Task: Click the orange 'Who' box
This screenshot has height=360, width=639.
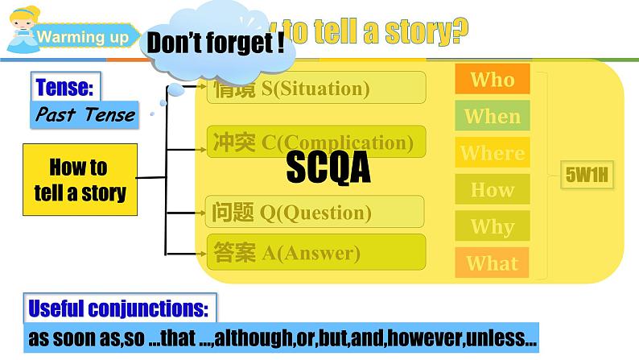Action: point(492,79)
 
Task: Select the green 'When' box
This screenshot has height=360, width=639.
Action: point(492,116)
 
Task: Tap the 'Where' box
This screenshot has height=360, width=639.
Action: point(492,153)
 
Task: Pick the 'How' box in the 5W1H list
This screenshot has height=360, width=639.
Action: point(492,190)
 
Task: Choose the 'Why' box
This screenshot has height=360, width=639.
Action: point(492,226)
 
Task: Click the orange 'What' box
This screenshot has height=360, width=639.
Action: point(492,263)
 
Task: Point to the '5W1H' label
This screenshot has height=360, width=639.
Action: point(587,171)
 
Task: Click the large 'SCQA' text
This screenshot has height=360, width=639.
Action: point(328,168)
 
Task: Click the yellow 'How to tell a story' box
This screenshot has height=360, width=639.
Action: point(79,180)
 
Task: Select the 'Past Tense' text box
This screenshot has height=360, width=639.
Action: point(85,114)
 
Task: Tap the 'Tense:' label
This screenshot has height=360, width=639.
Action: point(60,86)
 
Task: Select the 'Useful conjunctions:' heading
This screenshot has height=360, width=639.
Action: point(119,308)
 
